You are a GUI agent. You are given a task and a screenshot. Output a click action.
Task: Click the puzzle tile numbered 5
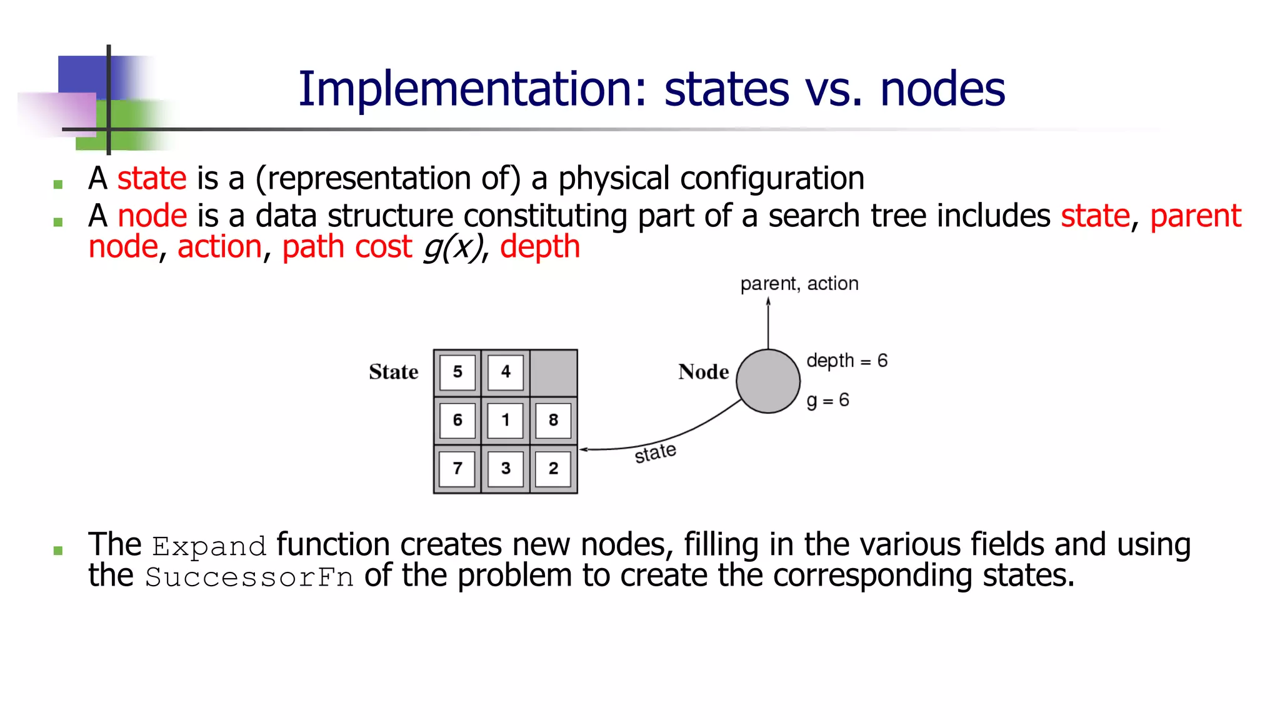[x=457, y=372]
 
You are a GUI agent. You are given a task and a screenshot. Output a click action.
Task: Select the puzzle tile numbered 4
[x=506, y=372]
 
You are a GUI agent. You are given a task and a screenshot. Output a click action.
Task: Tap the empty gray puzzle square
[x=554, y=372]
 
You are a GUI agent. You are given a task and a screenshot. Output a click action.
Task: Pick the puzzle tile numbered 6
[x=457, y=420]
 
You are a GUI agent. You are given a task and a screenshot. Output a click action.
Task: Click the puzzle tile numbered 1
[x=506, y=420]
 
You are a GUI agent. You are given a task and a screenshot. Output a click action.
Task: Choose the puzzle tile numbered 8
[x=554, y=420]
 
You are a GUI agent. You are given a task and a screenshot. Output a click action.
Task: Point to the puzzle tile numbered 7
[x=457, y=468]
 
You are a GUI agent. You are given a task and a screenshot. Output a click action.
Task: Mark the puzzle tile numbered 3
[x=506, y=468]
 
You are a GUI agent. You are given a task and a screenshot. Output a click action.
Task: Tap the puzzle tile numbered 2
[x=554, y=468]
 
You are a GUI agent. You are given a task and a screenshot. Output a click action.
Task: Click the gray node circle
[x=768, y=381]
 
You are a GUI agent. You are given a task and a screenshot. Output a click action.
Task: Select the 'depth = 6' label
[x=847, y=361]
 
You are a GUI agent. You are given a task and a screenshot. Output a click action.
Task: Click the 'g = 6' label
[x=827, y=400]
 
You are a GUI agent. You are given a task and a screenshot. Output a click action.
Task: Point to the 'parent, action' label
[x=799, y=284]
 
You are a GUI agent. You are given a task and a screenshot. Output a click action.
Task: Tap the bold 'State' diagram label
[x=393, y=372]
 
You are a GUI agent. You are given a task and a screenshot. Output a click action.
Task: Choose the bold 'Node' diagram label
[x=704, y=372]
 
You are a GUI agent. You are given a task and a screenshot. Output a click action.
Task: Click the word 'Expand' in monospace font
[x=209, y=546]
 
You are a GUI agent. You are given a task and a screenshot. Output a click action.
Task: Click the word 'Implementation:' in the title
[x=472, y=89]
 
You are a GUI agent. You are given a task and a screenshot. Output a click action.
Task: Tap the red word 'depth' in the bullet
[x=540, y=247]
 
